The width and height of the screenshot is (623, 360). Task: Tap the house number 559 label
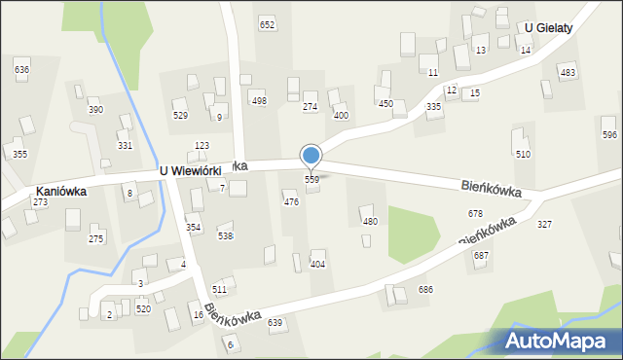(311, 180)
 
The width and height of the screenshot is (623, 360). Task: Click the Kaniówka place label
(60, 192)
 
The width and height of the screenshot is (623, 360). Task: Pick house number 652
(267, 24)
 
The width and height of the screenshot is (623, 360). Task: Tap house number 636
(21, 70)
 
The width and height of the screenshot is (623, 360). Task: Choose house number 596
(609, 134)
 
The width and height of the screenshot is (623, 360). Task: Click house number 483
(568, 73)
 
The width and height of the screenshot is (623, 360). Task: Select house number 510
(523, 154)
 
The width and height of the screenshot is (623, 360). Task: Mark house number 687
(481, 255)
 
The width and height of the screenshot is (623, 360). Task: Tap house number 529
(180, 116)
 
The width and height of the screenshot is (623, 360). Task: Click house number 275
(95, 238)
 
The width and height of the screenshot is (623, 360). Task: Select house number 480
(370, 222)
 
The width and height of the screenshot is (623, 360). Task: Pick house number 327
(544, 225)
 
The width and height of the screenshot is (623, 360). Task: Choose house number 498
(259, 101)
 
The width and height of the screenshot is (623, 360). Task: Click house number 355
(19, 154)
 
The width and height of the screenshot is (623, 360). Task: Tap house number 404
(317, 265)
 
